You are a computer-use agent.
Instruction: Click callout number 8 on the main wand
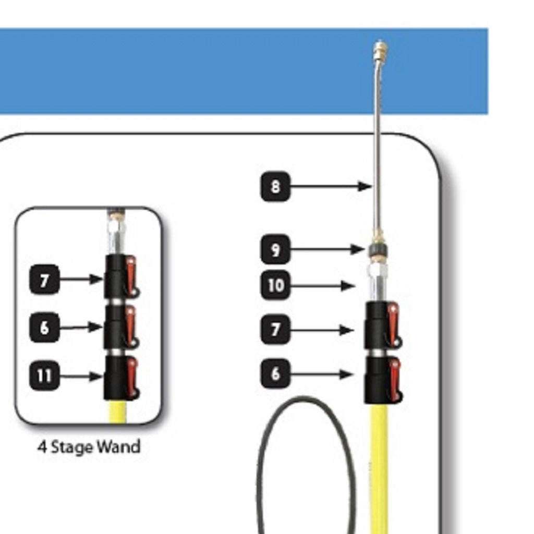(x=275, y=186)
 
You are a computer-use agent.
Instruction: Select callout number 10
(x=275, y=285)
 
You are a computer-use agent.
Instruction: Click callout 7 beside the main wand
(x=275, y=330)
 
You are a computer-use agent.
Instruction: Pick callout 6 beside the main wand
(x=275, y=374)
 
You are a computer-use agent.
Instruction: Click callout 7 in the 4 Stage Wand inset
(x=44, y=280)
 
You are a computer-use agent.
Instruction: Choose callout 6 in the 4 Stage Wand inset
(x=44, y=327)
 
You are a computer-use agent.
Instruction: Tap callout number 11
(x=44, y=375)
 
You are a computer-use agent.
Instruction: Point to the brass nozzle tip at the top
(x=380, y=51)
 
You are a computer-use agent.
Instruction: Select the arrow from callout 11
(x=81, y=376)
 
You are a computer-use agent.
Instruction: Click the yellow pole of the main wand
(x=379, y=469)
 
